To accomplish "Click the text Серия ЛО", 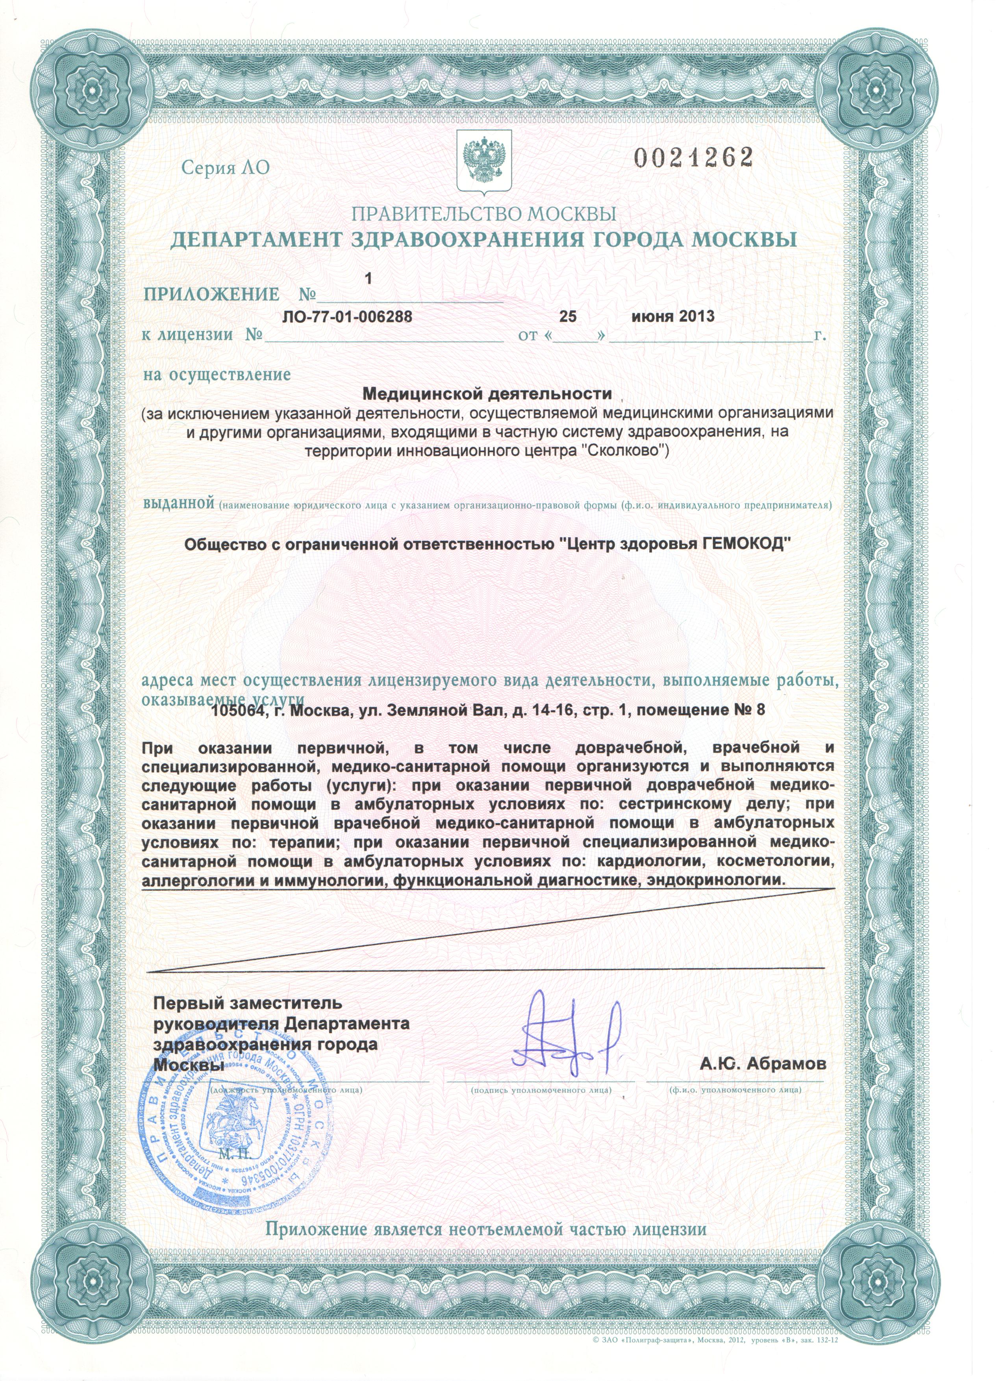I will (x=225, y=167).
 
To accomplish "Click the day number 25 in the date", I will (x=567, y=317).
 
